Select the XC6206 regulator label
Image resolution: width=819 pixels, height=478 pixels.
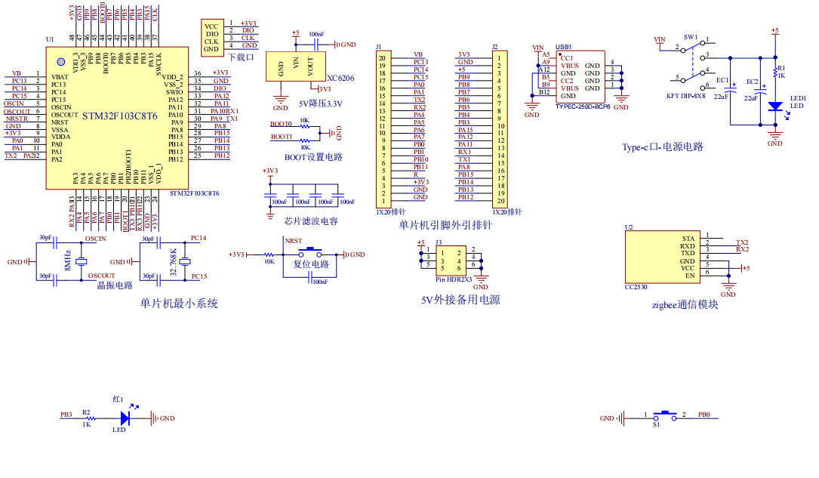pyautogui.click(x=340, y=78)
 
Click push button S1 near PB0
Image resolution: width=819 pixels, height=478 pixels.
pyautogui.click(x=664, y=415)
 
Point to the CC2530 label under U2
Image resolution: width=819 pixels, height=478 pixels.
pyautogui.click(x=636, y=287)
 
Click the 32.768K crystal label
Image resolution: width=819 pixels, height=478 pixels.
pyautogui.click(x=174, y=261)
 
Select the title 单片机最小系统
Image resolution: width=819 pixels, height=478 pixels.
pyautogui.click(x=179, y=304)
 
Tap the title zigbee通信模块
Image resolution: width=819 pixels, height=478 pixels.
pyautogui.click(x=684, y=304)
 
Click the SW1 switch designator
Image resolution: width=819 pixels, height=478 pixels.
pyautogui.click(x=690, y=37)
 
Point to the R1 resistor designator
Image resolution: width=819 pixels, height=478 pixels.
pyautogui.click(x=781, y=68)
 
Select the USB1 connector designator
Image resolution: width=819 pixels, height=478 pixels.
pyautogui.click(x=563, y=47)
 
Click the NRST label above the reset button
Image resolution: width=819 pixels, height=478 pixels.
pyautogui.click(x=293, y=241)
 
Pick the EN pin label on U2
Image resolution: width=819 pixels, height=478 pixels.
pyautogui.click(x=689, y=276)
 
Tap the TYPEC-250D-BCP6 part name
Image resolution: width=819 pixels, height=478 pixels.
pyautogui.click(x=582, y=106)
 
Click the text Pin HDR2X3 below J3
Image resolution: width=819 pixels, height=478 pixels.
pyautogui.click(x=454, y=279)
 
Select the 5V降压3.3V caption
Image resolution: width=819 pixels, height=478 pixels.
pyautogui.click(x=320, y=103)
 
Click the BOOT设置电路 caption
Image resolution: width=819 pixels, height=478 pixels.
pyautogui.click(x=313, y=157)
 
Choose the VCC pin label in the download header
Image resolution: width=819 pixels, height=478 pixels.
pyautogui.click(x=211, y=26)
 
